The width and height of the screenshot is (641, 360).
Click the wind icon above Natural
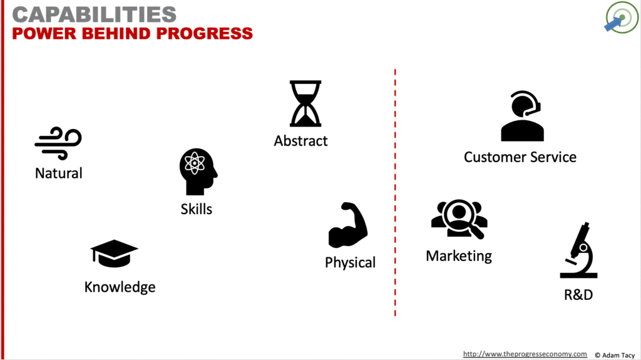coord(58,143)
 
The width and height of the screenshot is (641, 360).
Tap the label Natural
coord(59,173)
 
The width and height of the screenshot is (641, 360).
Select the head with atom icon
coord(198,172)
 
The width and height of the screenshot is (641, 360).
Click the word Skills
coord(197,209)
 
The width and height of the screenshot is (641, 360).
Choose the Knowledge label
coord(120,287)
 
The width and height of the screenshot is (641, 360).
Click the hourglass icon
coord(305,103)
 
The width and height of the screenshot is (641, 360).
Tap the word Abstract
coord(300,141)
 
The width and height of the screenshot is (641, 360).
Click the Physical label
coord(350,262)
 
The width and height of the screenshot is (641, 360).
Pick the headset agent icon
coord(522,116)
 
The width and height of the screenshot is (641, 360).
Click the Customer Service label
coord(520,157)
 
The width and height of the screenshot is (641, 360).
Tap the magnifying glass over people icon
coord(459,219)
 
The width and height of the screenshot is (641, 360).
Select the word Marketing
coord(459,255)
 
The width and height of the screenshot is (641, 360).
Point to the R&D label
coord(578,294)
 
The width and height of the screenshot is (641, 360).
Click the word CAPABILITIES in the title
coord(95,14)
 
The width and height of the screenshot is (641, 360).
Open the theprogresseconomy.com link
coord(525,354)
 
